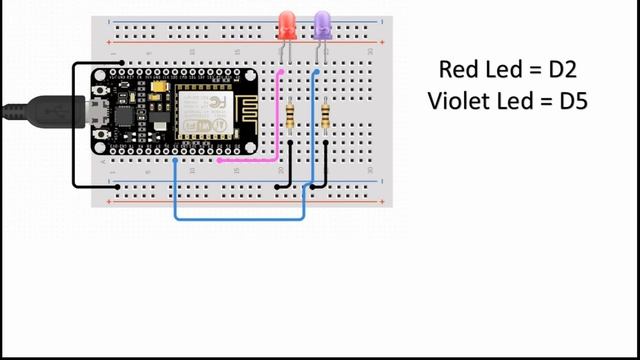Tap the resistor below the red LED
coord(290,118)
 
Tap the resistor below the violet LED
coord(326,118)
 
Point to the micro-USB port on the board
coord(98,109)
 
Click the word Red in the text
coord(457,69)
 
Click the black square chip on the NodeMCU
coord(126,117)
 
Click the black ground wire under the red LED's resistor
coord(290,165)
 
